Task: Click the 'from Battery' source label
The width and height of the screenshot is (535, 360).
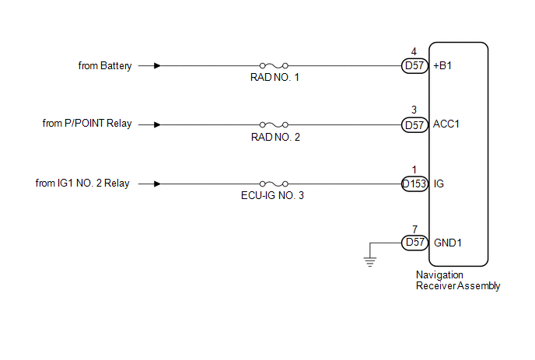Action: pyautogui.click(x=105, y=66)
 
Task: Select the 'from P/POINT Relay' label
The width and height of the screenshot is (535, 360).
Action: pyautogui.click(x=86, y=124)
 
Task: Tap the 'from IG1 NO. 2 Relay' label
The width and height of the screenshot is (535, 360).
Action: pyautogui.click(x=82, y=183)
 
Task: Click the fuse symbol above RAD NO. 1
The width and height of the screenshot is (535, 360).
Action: pyautogui.click(x=274, y=66)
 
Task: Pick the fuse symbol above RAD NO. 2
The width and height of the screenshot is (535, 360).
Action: pyautogui.click(x=274, y=124)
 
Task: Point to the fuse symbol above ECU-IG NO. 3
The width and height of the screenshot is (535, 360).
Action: pyautogui.click(x=274, y=184)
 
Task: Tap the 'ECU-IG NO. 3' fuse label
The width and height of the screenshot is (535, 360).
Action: pyautogui.click(x=274, y=196)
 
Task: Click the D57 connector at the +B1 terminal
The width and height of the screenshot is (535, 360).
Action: pyautogui.click(x=414, y=66)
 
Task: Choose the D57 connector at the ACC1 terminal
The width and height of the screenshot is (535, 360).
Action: pyautogui.click(x=414, y=124)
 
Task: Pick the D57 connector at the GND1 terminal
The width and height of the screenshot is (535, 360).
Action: pyautogui.click(x=414, y=243)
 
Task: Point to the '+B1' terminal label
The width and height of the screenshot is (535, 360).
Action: pyautogui.click(x=446, y=66)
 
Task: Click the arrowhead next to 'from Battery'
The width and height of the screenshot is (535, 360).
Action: pyautogui.click(x=158, y=66)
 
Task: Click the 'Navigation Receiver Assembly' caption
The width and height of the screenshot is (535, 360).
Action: pyautogui.click(x=457, y=280)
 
